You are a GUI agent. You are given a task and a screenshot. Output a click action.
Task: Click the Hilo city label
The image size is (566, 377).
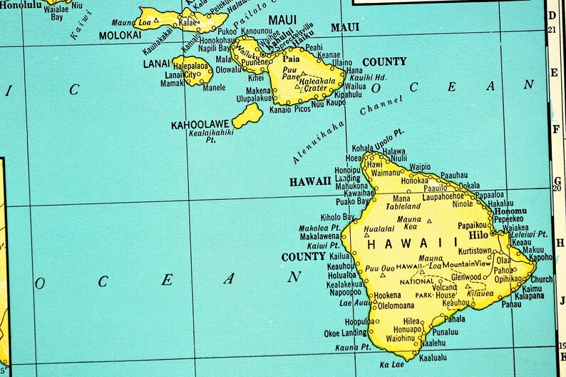(477, 233)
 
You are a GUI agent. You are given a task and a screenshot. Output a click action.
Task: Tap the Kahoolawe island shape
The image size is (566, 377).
(247, 115)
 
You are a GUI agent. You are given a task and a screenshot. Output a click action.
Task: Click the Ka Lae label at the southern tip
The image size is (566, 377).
(392, 365)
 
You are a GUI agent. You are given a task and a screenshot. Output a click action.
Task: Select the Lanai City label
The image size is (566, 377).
(180, 74)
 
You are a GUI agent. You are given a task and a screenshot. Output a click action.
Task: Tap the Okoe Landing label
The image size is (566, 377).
(346, 333)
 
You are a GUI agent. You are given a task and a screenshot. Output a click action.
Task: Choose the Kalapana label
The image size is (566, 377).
(528, 295)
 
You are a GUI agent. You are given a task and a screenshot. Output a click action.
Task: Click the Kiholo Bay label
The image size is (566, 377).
(337, 216)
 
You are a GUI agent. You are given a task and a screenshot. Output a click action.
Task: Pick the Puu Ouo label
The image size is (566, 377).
(381, 268)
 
